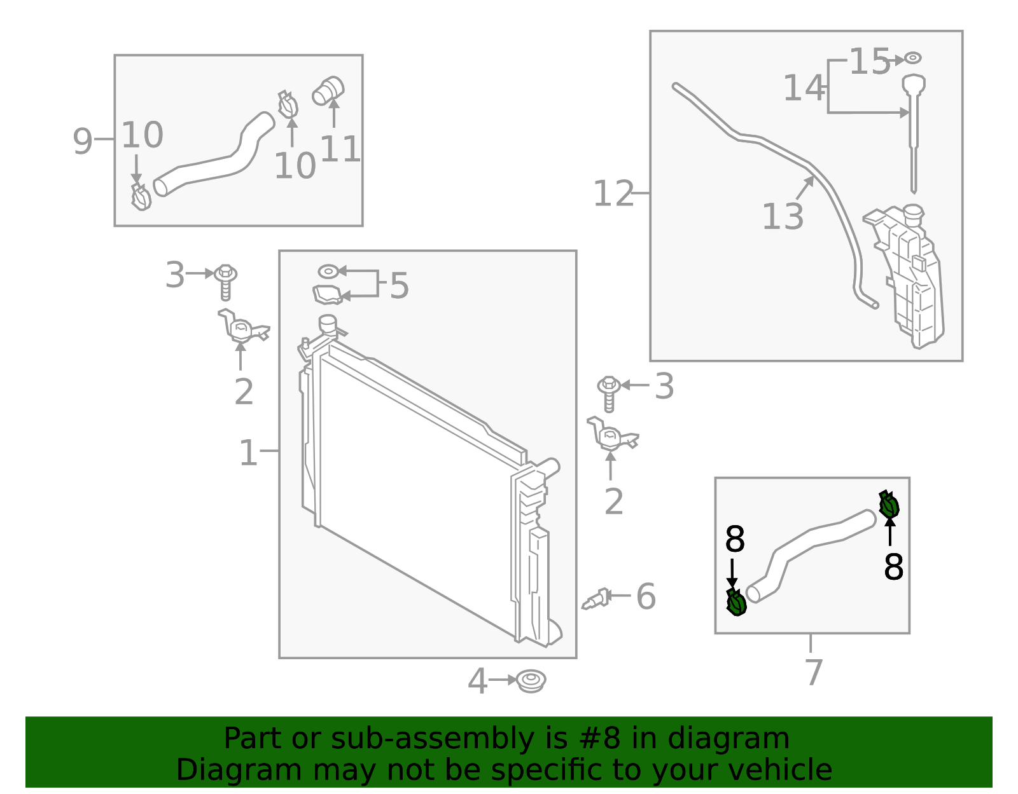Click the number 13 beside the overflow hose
(x=783, y=217)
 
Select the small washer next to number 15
(x=912, y=58)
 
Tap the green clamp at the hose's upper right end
(x=889, y=505)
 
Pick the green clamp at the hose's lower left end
(x=736, y=603)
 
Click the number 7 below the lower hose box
(x=814, y=673)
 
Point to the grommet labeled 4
(x=531, y=681)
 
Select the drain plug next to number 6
(x=596, y=599)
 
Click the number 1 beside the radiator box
(x=248, y=453)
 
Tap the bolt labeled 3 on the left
(x=225, y=280)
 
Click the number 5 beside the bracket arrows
(x=399, y=286)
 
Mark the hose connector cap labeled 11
(x=328, y=91)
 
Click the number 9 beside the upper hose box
(x=83, y=141)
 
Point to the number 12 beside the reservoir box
(x=613, y=194)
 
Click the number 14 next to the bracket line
(x=803, y=88)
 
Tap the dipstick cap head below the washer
(x=914, y=83)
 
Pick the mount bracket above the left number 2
(x=242, y=328)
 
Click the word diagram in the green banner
(x=742, y=739)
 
